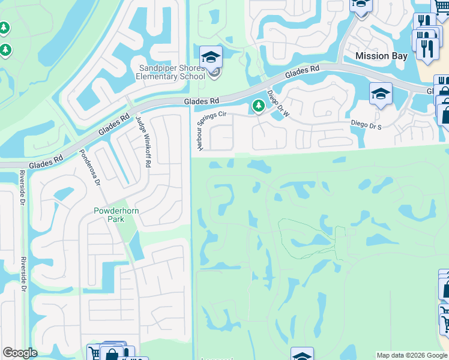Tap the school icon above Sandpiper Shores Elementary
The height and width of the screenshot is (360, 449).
coord(211,58)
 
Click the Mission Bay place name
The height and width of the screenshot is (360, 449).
coord(381,56)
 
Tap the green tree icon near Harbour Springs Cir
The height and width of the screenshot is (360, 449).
coord(258,106)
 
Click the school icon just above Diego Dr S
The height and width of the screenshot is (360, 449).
coord(381,94)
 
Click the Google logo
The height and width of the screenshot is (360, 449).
coord(20,353)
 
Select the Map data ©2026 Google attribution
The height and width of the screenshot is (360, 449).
coord(412,355)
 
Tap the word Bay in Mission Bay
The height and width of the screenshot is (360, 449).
coord(399,56)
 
